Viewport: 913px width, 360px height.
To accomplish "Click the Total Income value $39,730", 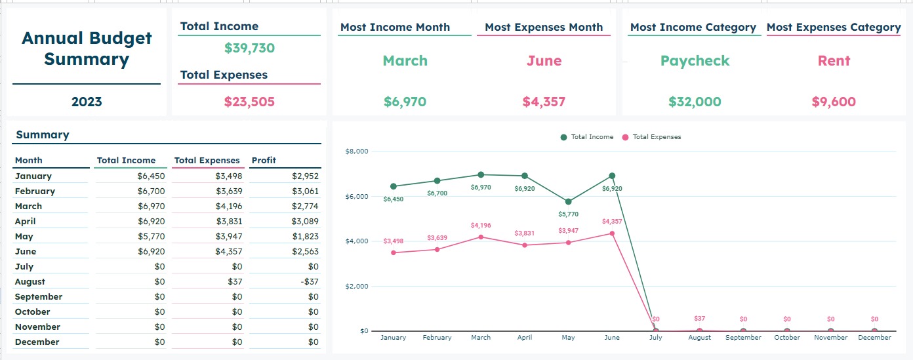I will (249, 48).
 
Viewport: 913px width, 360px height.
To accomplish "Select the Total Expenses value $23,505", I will (249, 102).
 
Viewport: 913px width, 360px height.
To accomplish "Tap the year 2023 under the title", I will (87, 102).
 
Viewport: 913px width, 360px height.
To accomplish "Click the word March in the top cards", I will (405, 61).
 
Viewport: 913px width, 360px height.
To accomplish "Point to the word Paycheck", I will (695, 61).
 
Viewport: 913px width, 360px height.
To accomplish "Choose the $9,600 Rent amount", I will (834, 102).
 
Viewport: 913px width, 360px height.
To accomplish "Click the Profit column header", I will (264, 160).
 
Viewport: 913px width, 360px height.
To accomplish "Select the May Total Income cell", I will (151, 236).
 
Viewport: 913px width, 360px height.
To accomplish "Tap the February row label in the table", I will (35, 191).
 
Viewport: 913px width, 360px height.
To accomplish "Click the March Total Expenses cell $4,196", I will (228, 206).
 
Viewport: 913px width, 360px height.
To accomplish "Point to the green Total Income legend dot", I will (563, 137).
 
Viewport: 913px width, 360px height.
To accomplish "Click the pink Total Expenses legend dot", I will (625, 137).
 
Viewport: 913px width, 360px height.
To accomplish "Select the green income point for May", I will (568, 201).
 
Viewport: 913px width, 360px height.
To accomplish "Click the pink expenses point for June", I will (612, 233).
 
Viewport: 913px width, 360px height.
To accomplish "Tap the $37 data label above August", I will (699, 319).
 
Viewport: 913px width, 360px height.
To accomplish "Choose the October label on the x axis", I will (786, 338).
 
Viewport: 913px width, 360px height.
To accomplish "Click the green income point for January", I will (393, 186).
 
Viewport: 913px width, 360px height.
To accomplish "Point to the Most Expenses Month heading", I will (544, 28).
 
